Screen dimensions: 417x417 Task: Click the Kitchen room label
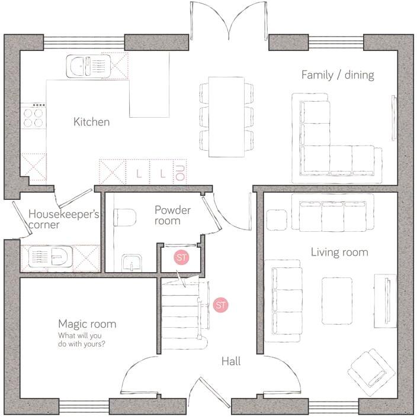coord(91,122)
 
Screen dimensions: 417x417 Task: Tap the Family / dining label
coord(337,75)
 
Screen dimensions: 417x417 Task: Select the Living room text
coord(339,253)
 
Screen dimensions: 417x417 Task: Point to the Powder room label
coord(172,215)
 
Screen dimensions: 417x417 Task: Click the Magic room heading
coord(86,324)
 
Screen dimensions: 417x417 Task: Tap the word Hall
coord(231,361)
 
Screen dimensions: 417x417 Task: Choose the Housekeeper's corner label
coord(63,219)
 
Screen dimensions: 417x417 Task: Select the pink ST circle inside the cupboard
coord(180,258)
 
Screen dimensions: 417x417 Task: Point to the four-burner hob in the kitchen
coord(34,116)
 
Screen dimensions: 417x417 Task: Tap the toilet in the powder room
coord(124,218)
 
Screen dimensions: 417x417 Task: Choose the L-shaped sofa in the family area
coord(335,148)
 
